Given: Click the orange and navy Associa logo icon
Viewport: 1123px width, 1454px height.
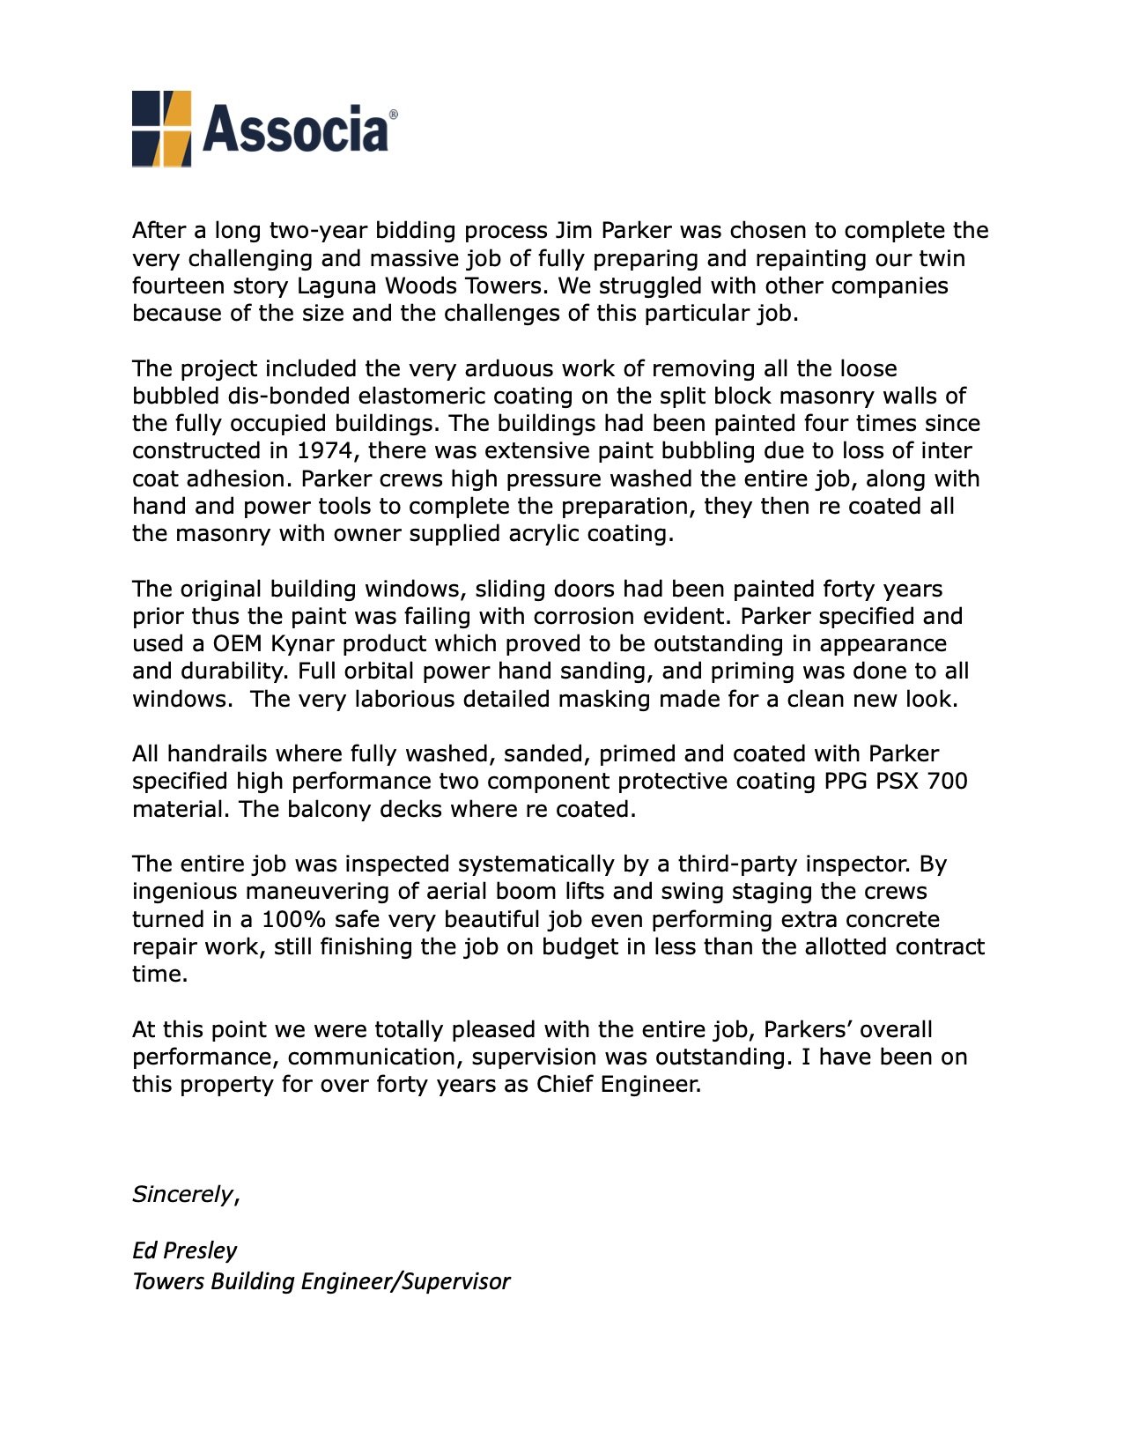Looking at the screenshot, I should (162, 129).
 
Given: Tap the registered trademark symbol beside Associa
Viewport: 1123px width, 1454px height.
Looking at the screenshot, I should (393, 115).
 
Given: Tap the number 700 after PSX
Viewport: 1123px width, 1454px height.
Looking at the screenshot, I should (947, 782).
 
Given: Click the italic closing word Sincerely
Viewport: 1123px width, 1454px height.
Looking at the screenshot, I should (182, 1195).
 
